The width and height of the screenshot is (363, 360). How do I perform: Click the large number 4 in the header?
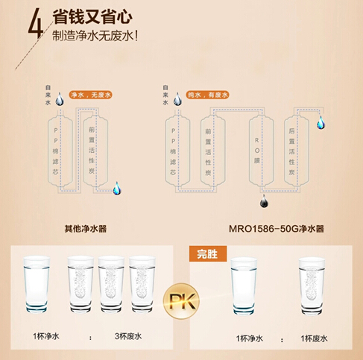36,23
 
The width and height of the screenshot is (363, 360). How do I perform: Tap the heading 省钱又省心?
92,17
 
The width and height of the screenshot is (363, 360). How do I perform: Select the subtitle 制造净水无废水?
95,36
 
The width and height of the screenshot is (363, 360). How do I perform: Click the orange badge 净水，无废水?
90,95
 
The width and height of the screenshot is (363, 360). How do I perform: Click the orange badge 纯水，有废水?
207,95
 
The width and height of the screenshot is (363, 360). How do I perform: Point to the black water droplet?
264,201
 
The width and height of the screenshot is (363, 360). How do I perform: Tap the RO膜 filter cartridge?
262,151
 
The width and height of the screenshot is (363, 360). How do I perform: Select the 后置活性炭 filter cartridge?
297,151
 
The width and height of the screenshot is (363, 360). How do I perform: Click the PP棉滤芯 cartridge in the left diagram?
60,151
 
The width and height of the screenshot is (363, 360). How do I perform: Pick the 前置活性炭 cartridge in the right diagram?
213,151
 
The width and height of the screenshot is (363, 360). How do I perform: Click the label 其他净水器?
86,229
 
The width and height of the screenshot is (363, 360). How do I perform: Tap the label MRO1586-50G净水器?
277,229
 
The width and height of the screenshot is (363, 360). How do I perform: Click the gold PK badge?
181,301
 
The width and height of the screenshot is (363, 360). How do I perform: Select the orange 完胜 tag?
208,253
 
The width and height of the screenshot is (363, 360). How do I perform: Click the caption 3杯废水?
128,336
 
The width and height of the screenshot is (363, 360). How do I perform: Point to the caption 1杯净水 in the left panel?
46,336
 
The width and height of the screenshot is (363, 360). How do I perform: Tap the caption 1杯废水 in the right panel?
314,338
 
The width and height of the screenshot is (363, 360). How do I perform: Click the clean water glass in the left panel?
37,284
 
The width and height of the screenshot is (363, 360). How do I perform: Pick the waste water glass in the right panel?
312,285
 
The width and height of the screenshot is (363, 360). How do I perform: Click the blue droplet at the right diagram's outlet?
321,123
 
